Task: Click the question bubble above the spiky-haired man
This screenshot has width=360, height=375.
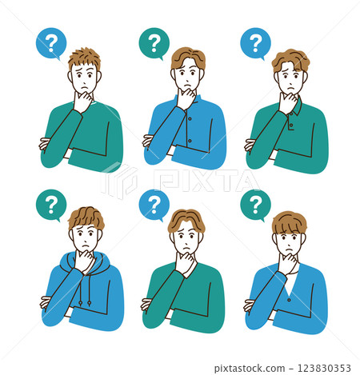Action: (x=51, y=43)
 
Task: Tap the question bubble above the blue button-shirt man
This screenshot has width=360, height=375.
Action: (x=154, y=43)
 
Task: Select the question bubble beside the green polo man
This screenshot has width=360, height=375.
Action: (x=255, y=43)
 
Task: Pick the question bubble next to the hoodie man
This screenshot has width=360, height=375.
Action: (x=51, y=205)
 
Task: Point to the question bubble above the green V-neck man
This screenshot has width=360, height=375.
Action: (x=154, y=205)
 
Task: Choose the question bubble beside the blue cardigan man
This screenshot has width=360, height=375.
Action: (x=255, y=205)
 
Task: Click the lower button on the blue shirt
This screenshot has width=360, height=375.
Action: (x=190, y=141)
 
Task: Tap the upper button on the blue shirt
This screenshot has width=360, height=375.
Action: (x=190, y=118)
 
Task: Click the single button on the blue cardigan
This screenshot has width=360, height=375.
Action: (x=289, y=300)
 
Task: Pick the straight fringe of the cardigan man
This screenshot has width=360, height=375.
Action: (x=290, y=223)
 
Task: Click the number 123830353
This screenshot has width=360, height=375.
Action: (x=324, y=368)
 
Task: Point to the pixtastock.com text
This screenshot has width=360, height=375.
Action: (x=250, y=369)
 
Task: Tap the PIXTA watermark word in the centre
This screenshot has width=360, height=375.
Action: (x=206, y=181)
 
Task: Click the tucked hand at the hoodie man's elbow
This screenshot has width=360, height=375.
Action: (x=46, y=303)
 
